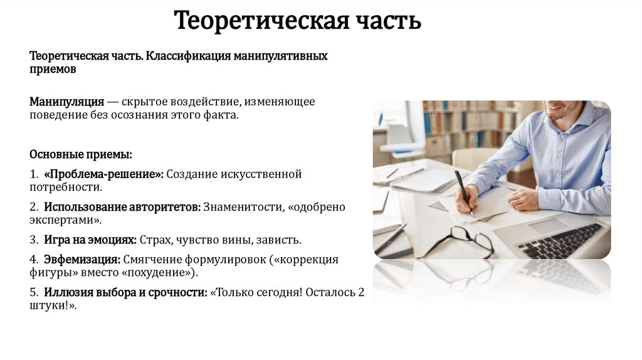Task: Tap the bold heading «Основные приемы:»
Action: point(81,154)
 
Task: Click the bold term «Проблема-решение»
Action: point(103,174)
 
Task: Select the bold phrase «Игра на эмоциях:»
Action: point(90,240)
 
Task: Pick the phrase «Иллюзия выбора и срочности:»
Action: point(125,293)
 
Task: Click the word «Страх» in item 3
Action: point(154,240)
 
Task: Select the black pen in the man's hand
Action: point(464,191)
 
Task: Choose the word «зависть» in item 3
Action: point(280,240)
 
